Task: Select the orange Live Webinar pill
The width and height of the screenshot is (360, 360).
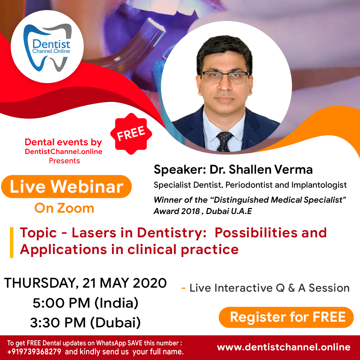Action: coord(66,187)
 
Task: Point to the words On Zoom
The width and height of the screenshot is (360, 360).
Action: coord(64,208)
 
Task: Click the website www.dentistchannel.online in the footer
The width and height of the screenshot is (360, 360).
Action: coord(284,347)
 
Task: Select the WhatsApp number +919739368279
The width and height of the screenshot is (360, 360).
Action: coord(34,352)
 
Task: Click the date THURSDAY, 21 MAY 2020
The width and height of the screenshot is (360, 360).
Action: coord(85,283)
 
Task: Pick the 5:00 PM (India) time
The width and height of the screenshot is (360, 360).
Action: coord(85,303)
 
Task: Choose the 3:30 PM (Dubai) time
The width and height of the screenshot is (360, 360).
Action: coord(85,322)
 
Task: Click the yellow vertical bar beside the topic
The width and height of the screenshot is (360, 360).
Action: coord(12,242)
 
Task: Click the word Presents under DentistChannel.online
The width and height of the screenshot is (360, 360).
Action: coord(64,161)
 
